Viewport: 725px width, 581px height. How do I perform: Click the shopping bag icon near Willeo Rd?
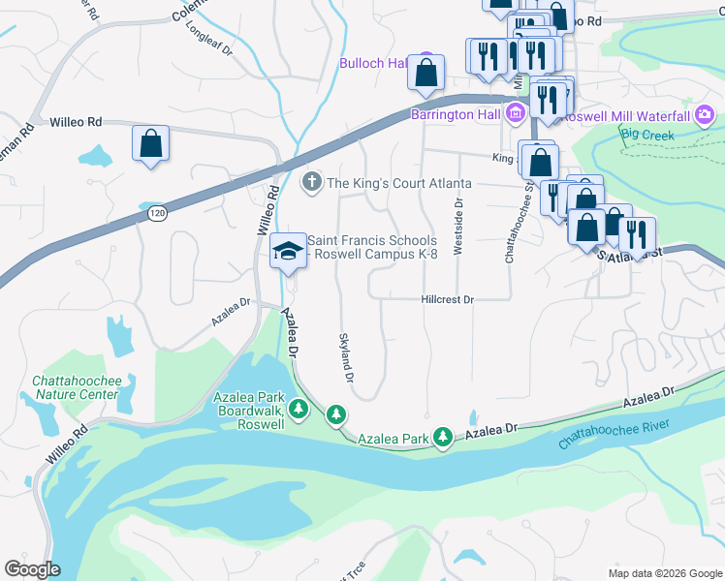coord(151,144)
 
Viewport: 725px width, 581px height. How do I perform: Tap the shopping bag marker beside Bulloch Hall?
coord(426,72)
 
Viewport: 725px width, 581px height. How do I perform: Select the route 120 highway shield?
coord(156,213)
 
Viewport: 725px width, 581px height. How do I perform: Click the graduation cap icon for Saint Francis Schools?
coord(287,251)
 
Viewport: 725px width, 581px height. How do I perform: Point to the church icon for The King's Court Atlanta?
coord(312,182)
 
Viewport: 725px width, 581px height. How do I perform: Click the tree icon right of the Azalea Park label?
coord(443,439)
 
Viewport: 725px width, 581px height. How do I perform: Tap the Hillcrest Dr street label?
coord(447,300)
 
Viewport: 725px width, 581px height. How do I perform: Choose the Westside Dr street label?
coord(459,222)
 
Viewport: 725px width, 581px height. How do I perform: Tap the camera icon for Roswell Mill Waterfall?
coord(705,115)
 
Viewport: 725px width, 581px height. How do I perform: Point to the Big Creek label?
coord(646,135)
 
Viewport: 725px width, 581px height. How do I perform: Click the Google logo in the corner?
coord(32,569)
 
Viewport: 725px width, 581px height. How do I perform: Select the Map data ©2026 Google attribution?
coord(665,572)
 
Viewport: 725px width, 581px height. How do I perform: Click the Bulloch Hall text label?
coord(372,63)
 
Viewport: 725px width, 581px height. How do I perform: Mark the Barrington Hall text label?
coord(455,115)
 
